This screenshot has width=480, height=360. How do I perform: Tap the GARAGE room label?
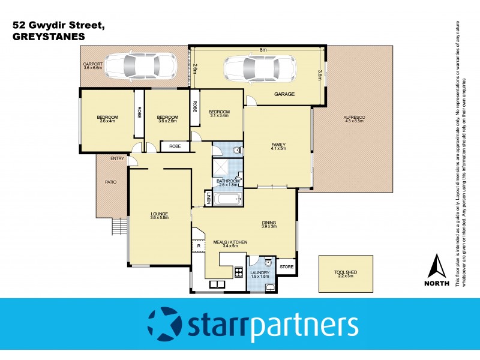tap(284, 95)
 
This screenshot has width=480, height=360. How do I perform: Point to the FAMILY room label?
tap(277, 145)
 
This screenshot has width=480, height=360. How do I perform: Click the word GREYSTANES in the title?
tap(48, 36)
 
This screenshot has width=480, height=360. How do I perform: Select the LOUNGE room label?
tap(159, 214)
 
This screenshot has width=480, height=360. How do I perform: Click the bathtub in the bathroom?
tap(227, 200)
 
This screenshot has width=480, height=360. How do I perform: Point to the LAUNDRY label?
tap(260, 273)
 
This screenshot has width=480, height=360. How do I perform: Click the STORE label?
tap(287, 266)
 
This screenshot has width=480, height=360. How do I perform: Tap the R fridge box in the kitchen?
tap(197, 246)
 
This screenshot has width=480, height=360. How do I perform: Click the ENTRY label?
tap(116, 159)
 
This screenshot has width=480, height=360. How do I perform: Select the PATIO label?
tap(110, 182)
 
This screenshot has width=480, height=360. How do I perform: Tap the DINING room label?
tap(268, 223)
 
